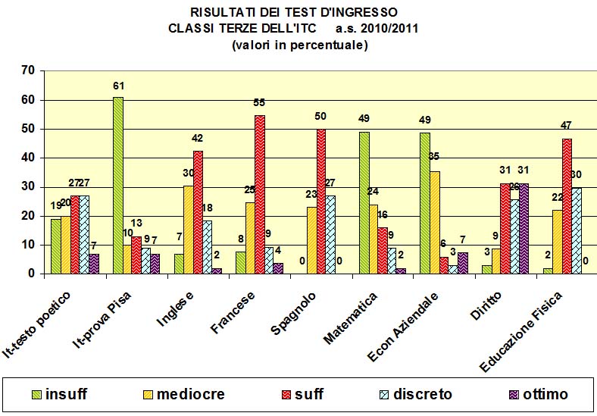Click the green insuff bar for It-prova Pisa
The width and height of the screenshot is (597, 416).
pyautogui.click(x=117, y=186)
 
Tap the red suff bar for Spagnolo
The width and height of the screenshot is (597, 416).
pyautogui.click(x=321, y=202)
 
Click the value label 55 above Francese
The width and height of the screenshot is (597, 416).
pyautogui.click(x=260, y=102)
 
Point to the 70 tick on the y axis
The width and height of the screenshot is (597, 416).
pyautogui.click(x=28, y=71)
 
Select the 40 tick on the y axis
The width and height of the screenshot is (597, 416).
pyautogui.click(x=28, y=158)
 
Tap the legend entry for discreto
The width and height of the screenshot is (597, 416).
pyautogui.click(x=414, y=395)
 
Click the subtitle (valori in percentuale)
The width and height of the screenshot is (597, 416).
pyautogui.click(x=299, y=45)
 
